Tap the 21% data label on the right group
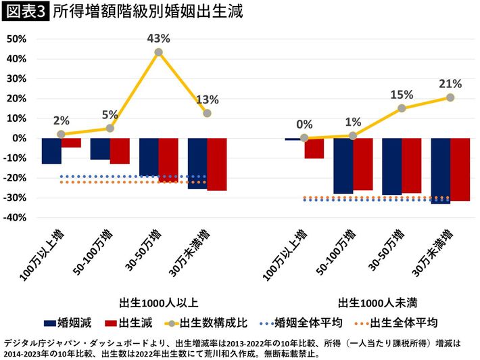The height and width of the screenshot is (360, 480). [450, 84]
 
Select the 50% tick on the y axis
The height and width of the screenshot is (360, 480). [16, 39]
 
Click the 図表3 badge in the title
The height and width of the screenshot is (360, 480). [26, 12]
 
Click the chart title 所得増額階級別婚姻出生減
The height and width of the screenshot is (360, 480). [147, 12]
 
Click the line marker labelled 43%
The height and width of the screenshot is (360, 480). [158, 52]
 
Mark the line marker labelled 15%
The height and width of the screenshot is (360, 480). [402, 108]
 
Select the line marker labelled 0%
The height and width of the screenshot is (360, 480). [304, 138]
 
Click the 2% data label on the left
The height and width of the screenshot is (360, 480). [62, 120]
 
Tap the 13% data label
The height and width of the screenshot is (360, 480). [207, 100]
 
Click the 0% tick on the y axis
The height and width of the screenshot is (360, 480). [19, 138]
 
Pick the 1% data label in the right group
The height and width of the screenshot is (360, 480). [353, 122]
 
